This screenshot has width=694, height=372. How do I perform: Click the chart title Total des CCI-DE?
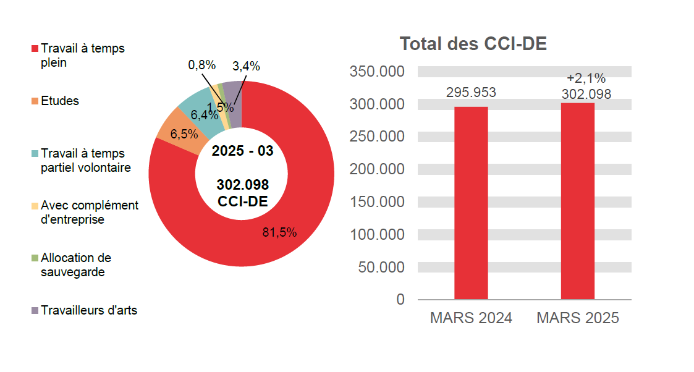pyautogui.click(x=473, y=44)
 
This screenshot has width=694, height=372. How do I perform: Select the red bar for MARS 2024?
pyautogui.click(x=471, y=204)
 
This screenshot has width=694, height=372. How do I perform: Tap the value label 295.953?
pyautogui.click(x=471, y=93)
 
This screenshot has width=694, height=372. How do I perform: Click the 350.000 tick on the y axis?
pyautogui.click(x=377, y=72)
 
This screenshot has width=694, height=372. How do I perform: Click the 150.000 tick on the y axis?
pyautogui.click(x=377, y=202)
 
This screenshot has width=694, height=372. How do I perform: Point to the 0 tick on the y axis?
pyautogui.click(x=400, y=300)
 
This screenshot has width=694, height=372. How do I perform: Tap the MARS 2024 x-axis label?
pyautogui.click(x=471, y=318)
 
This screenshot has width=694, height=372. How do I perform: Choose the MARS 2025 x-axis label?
pyautogui.click(x=578, y=318)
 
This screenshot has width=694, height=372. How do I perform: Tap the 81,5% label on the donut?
pyautogui.click(x=280, y=232)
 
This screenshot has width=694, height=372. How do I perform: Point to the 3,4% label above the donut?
pyautogui.click(x=246, y=66)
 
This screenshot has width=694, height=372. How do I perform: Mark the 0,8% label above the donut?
pyautogui.click(x=201, y=65)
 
